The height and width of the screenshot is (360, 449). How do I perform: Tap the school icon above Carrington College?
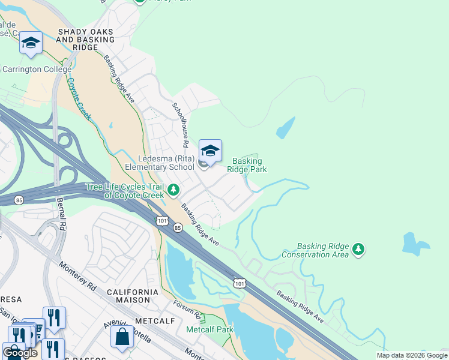(x=31, y=43)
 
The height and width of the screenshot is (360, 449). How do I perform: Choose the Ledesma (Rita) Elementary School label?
(x=160, y=163)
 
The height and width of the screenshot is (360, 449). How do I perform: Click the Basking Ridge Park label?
(x=247, y=165)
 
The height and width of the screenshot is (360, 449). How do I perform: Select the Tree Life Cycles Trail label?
(x=124, y=191)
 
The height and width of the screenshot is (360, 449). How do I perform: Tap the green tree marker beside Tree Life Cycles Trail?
(x=173, y=190)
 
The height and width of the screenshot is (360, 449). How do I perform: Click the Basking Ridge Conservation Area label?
(x=324, y=250)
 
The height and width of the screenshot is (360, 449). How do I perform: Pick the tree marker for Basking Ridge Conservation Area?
(x=358, y=249)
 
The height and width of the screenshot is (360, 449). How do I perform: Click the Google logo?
(x=20, y=353)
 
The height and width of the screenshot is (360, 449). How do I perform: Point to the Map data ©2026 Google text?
(x=411, y=355)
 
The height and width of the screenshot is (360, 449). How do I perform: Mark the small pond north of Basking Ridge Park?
(x=286, y=128)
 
